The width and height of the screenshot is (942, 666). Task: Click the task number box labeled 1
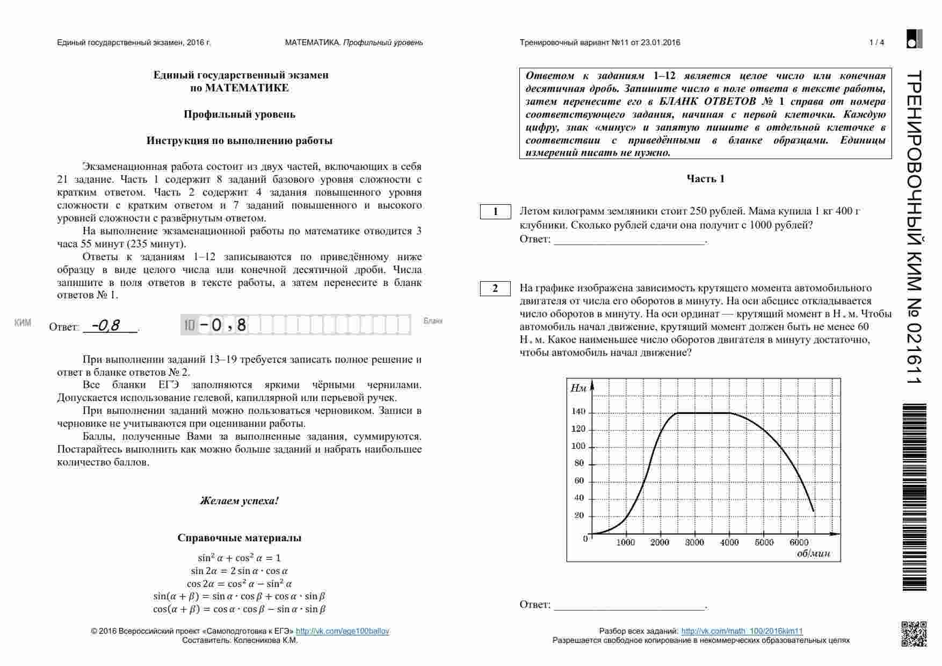(495, 212)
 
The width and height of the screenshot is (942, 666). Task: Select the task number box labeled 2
(495, 289)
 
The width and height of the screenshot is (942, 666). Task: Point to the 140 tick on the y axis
(578, 412)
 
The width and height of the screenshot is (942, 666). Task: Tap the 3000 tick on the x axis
(694, 542)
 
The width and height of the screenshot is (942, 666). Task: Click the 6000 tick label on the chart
(799, 542)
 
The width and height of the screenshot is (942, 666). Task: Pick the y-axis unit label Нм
(578, 388)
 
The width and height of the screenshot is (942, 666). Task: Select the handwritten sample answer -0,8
(106, 325)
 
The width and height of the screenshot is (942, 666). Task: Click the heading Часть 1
(705, 179)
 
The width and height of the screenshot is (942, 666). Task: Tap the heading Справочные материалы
(239, 538)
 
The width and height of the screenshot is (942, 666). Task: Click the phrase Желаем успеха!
(239, 501)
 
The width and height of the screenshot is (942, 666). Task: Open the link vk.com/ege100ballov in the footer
(342, 631)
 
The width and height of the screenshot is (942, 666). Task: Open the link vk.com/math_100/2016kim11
(742, 631)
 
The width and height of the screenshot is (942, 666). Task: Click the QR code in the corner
(913, 633)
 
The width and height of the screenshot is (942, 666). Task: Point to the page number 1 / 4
(876, 42)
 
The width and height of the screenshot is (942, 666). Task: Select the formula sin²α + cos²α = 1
(239, 558)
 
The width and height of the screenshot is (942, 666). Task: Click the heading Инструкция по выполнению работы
(239, 141)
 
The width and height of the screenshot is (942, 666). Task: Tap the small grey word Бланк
(433, 321)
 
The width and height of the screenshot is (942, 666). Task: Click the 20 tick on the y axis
(579, 515)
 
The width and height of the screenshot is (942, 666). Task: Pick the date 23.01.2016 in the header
(660, 42)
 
